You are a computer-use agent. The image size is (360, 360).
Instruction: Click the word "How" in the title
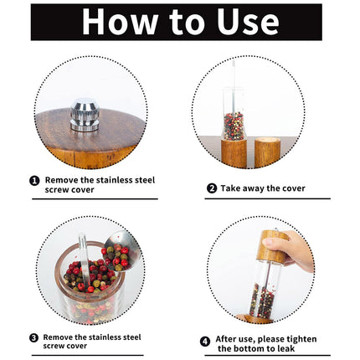pos(120,22)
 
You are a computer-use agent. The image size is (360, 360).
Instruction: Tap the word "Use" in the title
pos(248,22)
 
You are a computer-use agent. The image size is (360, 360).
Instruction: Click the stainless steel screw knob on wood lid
pos(85,115)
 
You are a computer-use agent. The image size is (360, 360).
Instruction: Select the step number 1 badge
pos(34,181)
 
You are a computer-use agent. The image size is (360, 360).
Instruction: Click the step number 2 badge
pos(212,188)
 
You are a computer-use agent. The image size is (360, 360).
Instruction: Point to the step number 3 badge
pos(33,338)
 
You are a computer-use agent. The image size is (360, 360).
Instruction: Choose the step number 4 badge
pos(205,342)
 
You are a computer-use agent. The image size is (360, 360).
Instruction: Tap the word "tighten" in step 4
pos(301,339)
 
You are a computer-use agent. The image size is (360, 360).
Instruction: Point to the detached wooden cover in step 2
pos(267,152)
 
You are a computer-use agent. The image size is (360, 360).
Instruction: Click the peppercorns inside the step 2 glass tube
pos(234,126)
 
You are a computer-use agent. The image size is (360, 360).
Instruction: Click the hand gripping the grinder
pos(291,249)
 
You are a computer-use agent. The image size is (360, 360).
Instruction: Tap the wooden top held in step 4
pos(272,247)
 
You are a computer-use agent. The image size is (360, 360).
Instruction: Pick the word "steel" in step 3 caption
pos(131,337)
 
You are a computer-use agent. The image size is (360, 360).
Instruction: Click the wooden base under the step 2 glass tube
pos(234,153)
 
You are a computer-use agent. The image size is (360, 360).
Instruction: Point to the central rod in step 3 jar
pos(84,258)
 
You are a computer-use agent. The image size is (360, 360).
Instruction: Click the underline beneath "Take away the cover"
pos(267,198)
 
